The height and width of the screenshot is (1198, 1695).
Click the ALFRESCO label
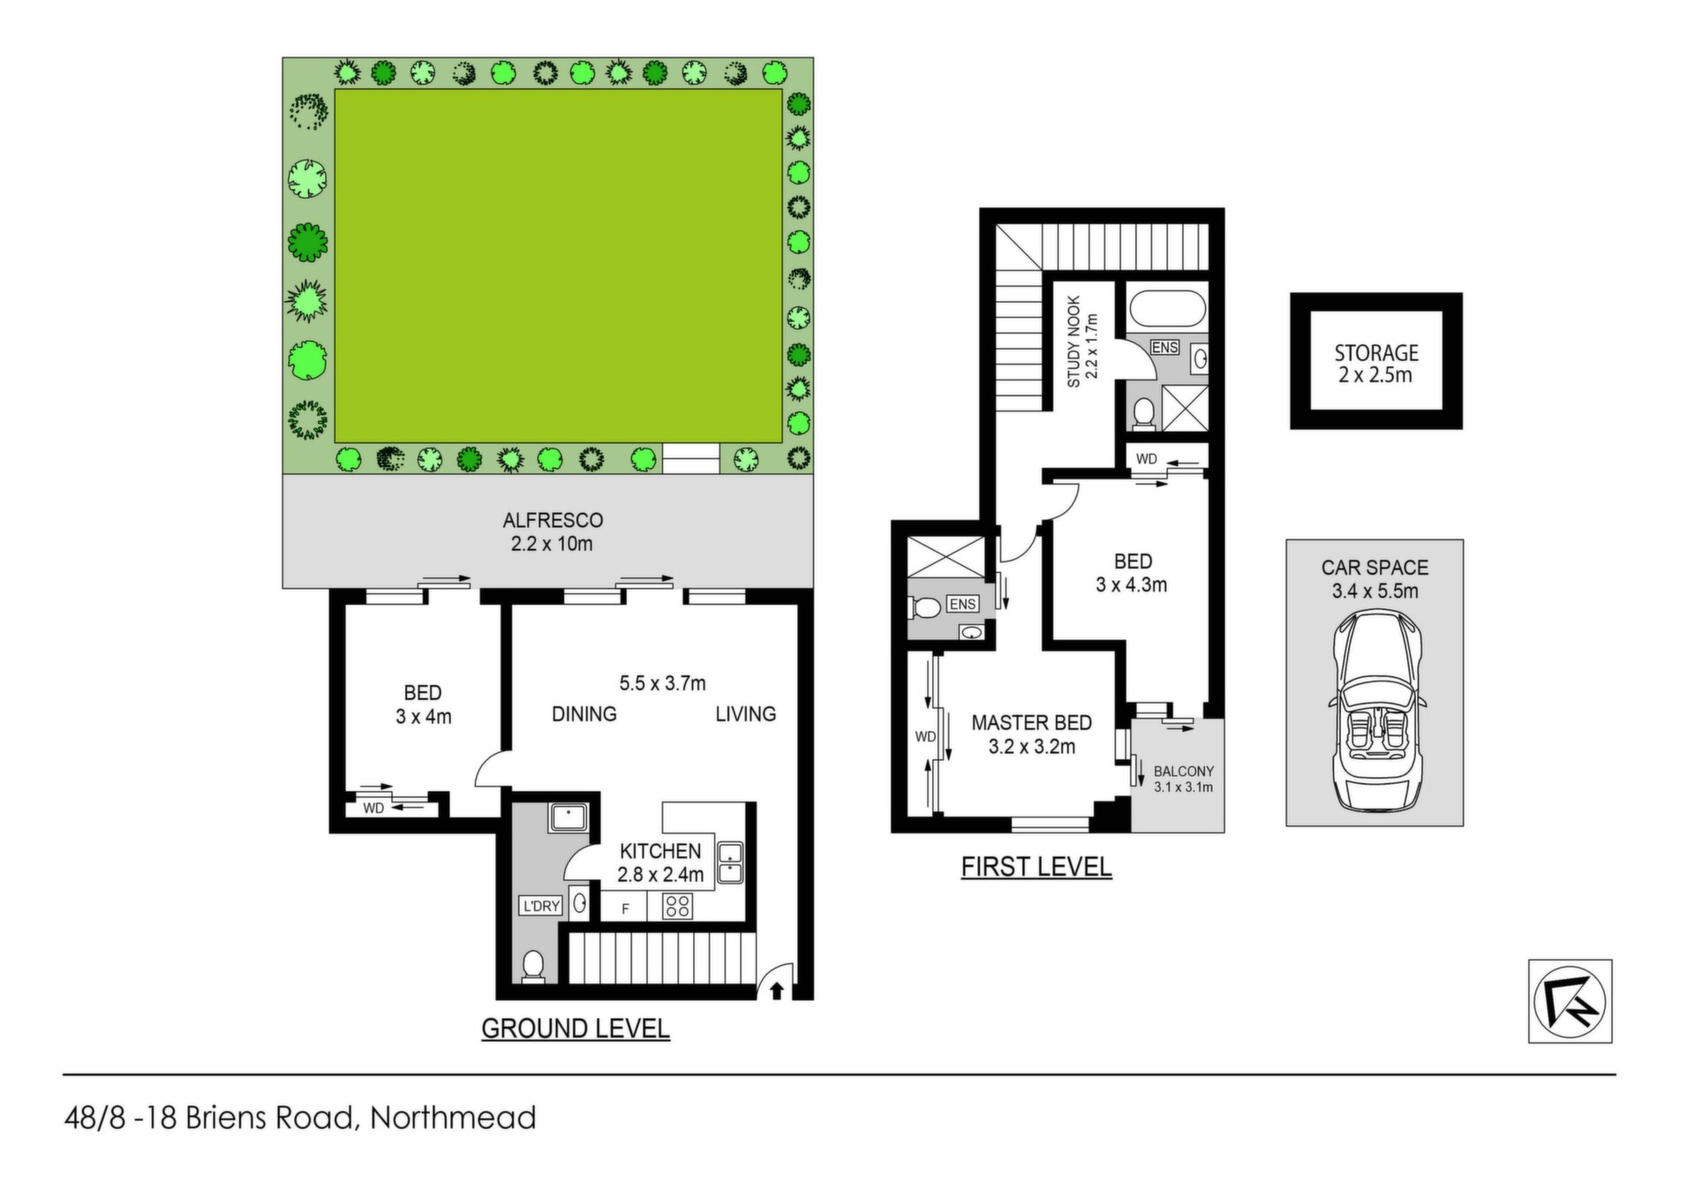coord(553,521)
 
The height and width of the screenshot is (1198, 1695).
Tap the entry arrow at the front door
coord(777,991)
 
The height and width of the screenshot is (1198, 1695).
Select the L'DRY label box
coord(541,906)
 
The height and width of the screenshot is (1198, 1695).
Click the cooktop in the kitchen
coord(678,906)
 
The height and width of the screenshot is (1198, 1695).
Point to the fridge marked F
coord(625,908)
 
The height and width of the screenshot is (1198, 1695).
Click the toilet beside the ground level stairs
coord(533,965)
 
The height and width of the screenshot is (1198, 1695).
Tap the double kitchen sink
coord(730,863)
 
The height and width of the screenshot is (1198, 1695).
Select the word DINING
coord(584,713)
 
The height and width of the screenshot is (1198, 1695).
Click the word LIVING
coord(746,713)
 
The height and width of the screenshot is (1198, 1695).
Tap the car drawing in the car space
coord(1375,710)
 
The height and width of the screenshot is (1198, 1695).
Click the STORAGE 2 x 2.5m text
coord(1375,364)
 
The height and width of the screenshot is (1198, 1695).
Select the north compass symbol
coord(1571,1001)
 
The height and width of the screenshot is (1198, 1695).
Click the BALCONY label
coord(1184,771)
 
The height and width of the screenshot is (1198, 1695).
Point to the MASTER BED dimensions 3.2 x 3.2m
coord(1032,747)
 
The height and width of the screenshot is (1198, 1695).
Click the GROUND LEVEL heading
coord(576,1028)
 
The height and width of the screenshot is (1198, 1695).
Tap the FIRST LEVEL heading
coord(1036,867)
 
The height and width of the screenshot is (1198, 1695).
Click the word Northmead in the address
coord(453,1118)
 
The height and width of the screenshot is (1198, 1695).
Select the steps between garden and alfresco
coord(691,458)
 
